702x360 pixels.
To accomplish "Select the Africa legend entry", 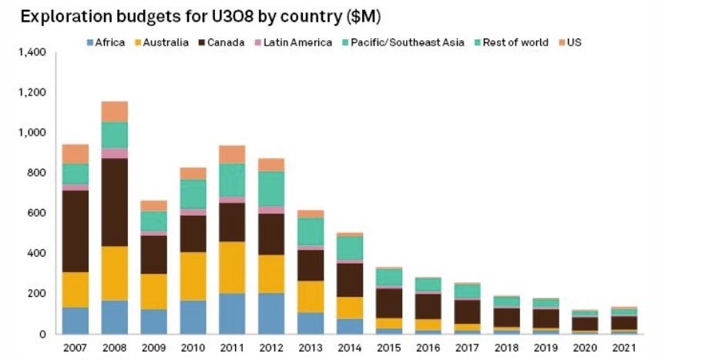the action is point(106,42).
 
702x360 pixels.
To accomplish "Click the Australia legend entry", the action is point(162,42).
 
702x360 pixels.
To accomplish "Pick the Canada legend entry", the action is point(222,42).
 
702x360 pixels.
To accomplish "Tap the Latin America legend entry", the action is point(294,42).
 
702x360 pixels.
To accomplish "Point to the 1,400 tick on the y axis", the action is point(33,52).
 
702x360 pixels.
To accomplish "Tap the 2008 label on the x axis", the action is point(114,348).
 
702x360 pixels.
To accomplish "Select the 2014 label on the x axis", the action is point(350,348).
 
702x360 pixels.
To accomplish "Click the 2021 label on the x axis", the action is point(624,348).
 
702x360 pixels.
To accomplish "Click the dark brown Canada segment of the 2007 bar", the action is point(76,231).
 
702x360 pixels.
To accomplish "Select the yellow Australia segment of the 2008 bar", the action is point(114,273).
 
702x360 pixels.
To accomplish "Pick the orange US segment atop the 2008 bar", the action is point(114,112).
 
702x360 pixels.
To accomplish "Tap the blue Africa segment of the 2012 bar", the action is point(271,314).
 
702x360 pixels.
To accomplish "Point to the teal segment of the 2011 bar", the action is point(232,180).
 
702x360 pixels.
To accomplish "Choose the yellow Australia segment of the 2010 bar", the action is point(193,276).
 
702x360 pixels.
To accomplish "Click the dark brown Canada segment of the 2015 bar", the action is point(389,304).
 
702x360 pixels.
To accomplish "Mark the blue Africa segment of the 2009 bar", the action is point(153,321).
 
